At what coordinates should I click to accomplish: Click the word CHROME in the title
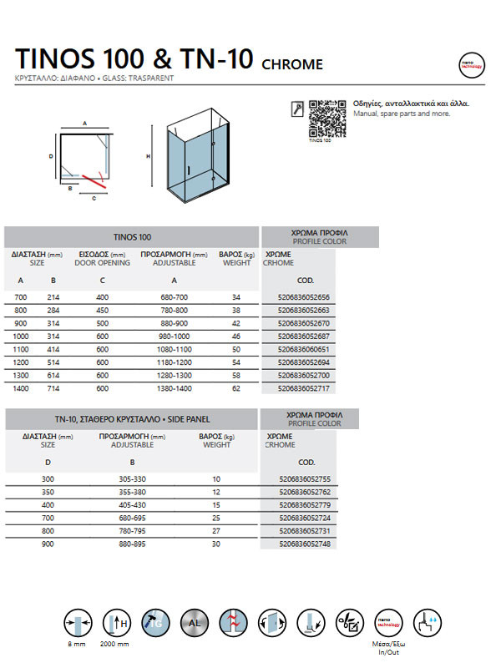click(x=292, y=64)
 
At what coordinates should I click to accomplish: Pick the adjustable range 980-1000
click(x=174, y=336)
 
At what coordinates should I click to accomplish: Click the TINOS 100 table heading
click(x=132, y=237)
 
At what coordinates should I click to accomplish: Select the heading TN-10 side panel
click(x=132, y=418)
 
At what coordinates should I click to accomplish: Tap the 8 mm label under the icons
click(x=77, y=645)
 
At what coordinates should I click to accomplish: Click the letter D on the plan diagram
click(x=51, y=156)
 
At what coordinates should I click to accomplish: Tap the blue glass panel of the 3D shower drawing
click(x=190, y=163)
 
